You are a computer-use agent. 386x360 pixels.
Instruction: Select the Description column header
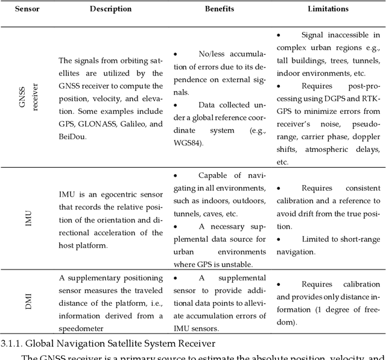pos(110,9)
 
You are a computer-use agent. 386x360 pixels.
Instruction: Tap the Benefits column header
pos(219,9)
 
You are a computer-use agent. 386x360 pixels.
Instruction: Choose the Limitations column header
pos(328,9)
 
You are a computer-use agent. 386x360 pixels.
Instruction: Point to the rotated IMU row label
pos(27,218)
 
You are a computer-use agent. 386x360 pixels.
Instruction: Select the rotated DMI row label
pos(27,300)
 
